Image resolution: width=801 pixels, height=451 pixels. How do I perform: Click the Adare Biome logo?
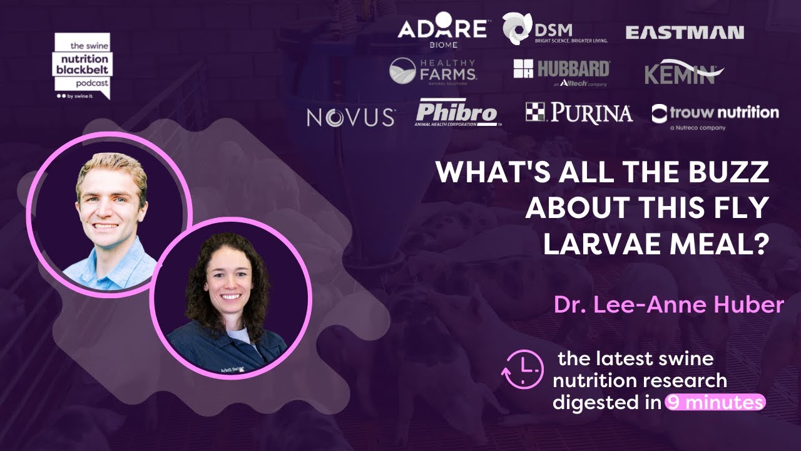click(x=442, y=32)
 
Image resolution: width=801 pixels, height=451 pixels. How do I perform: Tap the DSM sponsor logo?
click(x=554, y=29)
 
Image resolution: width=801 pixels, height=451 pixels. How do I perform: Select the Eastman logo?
click(x=685, y=33)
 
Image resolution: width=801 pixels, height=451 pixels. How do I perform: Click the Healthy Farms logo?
click(x=433, y=71)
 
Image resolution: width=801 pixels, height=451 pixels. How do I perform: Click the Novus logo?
click(x=350, y=117)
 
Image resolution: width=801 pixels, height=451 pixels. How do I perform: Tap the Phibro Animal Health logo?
click(x=457, y=113)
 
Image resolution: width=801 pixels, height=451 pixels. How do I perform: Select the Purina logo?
click(x=579, y=113)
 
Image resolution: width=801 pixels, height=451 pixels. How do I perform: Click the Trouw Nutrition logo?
click(x=715, y=114)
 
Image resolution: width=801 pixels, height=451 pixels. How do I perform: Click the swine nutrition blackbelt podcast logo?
click(x=81, y=66)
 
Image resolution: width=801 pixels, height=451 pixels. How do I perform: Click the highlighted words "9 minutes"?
click(x=715, y=402)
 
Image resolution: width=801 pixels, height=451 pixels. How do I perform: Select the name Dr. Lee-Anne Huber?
click(x=668, y=305)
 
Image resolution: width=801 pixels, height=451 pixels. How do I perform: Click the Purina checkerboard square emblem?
click(x=535, y=111)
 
